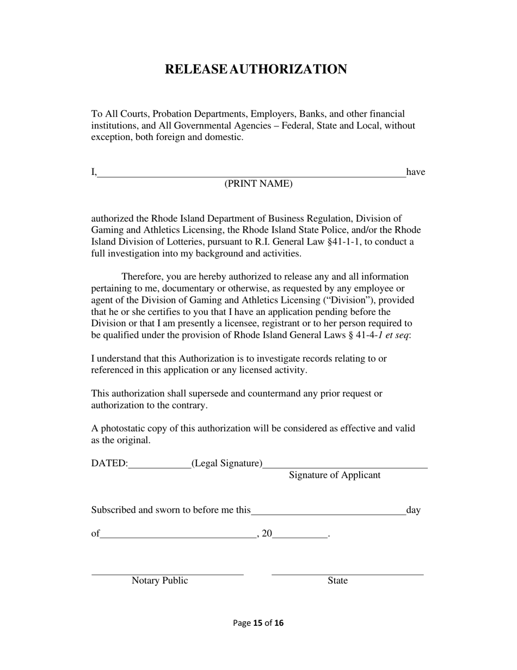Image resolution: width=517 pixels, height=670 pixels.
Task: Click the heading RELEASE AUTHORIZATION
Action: tap(256, 70)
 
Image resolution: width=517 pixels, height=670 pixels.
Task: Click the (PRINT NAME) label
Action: tap(258, 184)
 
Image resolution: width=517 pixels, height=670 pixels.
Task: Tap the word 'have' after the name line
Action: tap(416, 172)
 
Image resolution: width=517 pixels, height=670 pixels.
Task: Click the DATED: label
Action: tap(109, 464)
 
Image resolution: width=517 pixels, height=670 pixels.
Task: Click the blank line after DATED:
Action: tap(159, 466)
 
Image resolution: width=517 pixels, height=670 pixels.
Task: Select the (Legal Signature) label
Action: tap(226, 464)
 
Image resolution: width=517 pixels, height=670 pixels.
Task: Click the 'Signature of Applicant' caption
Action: tap(335, 475)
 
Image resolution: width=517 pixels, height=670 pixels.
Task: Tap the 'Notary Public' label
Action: tap(159, 581)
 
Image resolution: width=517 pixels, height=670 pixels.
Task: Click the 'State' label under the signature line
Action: tap(337, 581)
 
